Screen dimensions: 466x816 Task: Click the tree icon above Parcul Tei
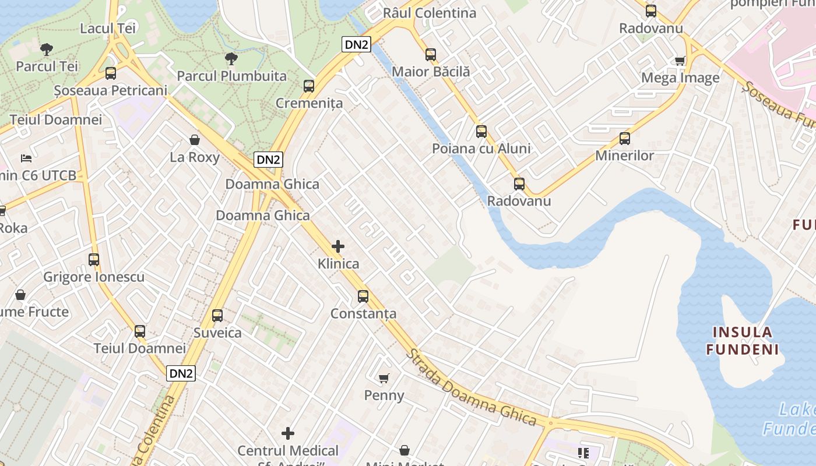[x=47, y=49]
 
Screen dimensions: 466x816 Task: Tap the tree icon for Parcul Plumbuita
[x=231, y=58]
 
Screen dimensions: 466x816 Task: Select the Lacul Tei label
[x=108, y=28]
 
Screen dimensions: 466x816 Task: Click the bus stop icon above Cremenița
[x=309, y=86]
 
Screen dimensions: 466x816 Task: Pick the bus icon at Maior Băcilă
[x=431, y=55]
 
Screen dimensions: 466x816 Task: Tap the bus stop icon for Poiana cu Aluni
[x=481, y=132]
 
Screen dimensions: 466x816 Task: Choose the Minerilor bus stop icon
[x=625, y=139]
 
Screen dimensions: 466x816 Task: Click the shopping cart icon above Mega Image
[x=680, y=61]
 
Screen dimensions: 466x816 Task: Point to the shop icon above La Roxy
[x=195, y=140]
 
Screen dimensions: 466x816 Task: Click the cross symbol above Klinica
[x=338, y=246]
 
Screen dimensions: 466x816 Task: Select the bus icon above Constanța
[x=363, y=296]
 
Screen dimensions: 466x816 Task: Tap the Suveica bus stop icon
[x=217, y=316]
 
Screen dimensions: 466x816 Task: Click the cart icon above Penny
[x=384, y=379]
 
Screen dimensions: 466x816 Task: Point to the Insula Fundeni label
[x=743, y=341]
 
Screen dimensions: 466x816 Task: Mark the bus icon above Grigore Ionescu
[x=94, y=260]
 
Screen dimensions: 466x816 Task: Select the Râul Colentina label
[x=429, y=13]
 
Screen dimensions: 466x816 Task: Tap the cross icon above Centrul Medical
[x=288, y=433]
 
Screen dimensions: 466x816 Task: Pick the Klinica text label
[x=338, y=264]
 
